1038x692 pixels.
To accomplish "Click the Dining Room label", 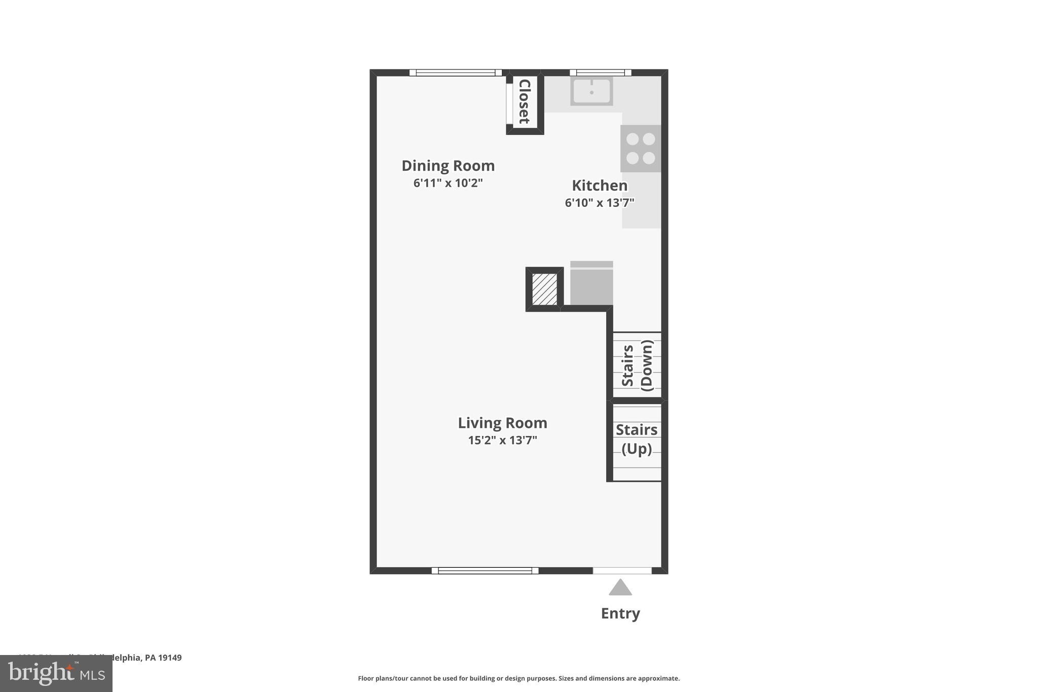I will [x=448, y=166].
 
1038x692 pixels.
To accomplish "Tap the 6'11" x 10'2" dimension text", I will [x=448, y=183].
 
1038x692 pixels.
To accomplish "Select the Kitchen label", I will [x=600, y=186].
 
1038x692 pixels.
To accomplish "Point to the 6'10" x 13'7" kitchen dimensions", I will [x=600, y=203].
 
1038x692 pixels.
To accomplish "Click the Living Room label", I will [x=502, y=423].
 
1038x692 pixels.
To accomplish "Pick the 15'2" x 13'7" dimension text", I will [x=502, y=440].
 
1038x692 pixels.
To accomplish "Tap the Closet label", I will [x=525, y=101].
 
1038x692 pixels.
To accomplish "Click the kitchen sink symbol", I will [x=591, y=91].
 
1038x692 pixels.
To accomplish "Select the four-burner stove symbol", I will [x=641, y=149].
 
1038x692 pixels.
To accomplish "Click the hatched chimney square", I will [x=544, y=289].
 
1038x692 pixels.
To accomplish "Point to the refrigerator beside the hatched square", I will [x=591, y=284].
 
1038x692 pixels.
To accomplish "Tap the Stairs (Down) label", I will [x=637, y=365].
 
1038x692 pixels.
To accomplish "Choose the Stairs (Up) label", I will [x=637, y=439].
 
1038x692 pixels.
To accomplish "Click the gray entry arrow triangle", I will [x=620, y=588].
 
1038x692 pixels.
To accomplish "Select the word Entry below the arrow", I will [x=620, y=613].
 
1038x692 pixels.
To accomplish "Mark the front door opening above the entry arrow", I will [x=622, y=571].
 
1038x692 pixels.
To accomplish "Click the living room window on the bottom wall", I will [x=485, y=571].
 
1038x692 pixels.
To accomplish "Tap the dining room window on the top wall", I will [x=455, y=72].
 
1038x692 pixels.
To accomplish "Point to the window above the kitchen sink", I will [x=601, y=72].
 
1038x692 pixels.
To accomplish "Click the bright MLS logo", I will [x=56, y=673].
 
